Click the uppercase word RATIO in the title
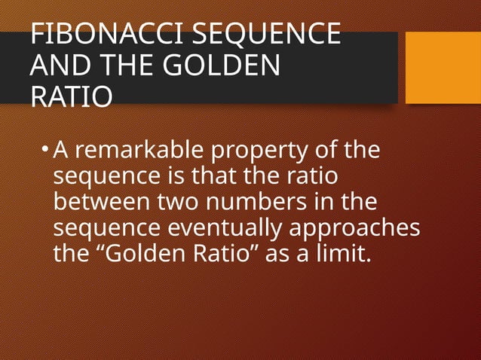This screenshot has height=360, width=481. (x=72, y=97)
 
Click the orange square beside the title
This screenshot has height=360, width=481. (x=443, y=67)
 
